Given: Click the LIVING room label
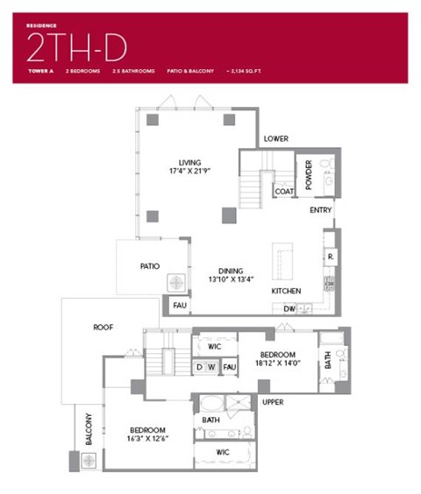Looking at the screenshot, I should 189,162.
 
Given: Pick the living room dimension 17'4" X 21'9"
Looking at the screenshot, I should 189,171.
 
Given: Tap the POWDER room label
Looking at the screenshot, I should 309,174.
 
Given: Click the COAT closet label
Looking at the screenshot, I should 283,191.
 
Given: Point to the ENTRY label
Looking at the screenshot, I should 320,210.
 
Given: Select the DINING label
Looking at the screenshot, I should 231,271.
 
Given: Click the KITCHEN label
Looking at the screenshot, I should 286,291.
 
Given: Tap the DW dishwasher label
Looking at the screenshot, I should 289,308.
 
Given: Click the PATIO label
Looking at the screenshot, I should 149,265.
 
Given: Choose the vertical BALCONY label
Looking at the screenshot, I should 88,428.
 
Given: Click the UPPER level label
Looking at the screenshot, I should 273,402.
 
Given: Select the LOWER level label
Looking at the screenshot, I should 276,139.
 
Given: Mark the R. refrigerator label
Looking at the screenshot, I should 329,257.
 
